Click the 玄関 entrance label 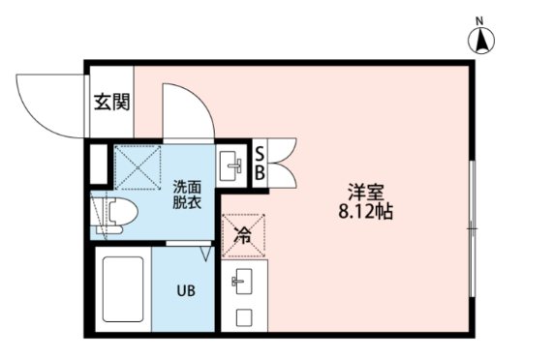coord(111,102)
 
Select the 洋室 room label coord(365,191)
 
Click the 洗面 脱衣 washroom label coord(187,194)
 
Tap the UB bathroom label coord(184,288)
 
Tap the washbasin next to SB coord(232,165)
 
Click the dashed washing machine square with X coord(137,166)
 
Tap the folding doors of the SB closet coord(284,162)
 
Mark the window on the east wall coord(472,227)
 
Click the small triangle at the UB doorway coord(205,254)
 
